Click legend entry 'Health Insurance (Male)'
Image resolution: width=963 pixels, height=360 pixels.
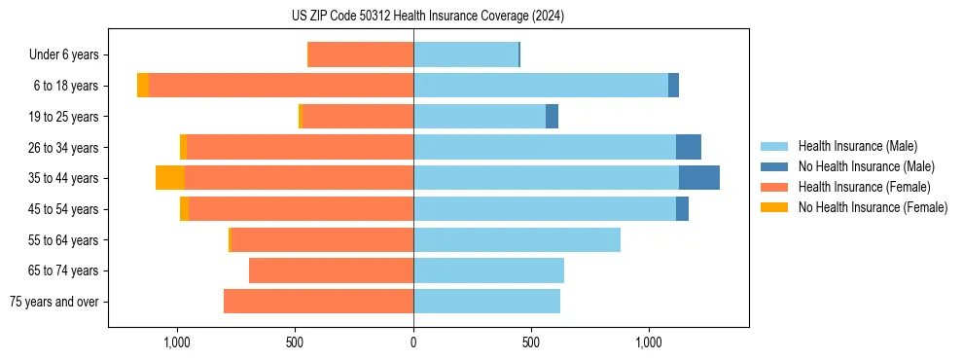pyautogui.click(x=857, y=146)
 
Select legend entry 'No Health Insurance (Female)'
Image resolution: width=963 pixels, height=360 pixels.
pyautogui.click(x=873, y=207)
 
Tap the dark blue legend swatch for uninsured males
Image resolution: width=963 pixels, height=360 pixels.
pyautogui.click(x=775, y=166)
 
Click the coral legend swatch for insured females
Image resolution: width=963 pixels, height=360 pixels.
pyautogui.click(x=775, y=187)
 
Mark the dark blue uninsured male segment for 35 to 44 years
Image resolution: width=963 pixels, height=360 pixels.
pyautogui.click(x=698, y=178)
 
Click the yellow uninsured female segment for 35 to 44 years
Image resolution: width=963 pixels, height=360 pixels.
pyautogui.click(x=170, y=178)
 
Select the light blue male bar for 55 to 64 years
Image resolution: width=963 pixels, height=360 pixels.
pyautogui.click(x=517, y=239)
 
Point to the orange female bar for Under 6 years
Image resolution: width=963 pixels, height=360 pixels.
pyautogui.click(x=360, y=55)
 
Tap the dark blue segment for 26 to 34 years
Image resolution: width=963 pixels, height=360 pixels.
pyautogui.click(x=688, y=147)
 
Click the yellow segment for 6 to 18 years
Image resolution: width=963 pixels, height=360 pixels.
pyautogui.click(x=143, y=86)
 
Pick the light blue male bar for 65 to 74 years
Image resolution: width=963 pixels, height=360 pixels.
pyautogui.click(x=488, y=270)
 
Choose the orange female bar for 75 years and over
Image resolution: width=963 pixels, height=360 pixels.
pyautogui.click(x=318, y=302)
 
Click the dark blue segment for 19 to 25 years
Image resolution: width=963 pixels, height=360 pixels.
pyautogui.click(x=552, y=117)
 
